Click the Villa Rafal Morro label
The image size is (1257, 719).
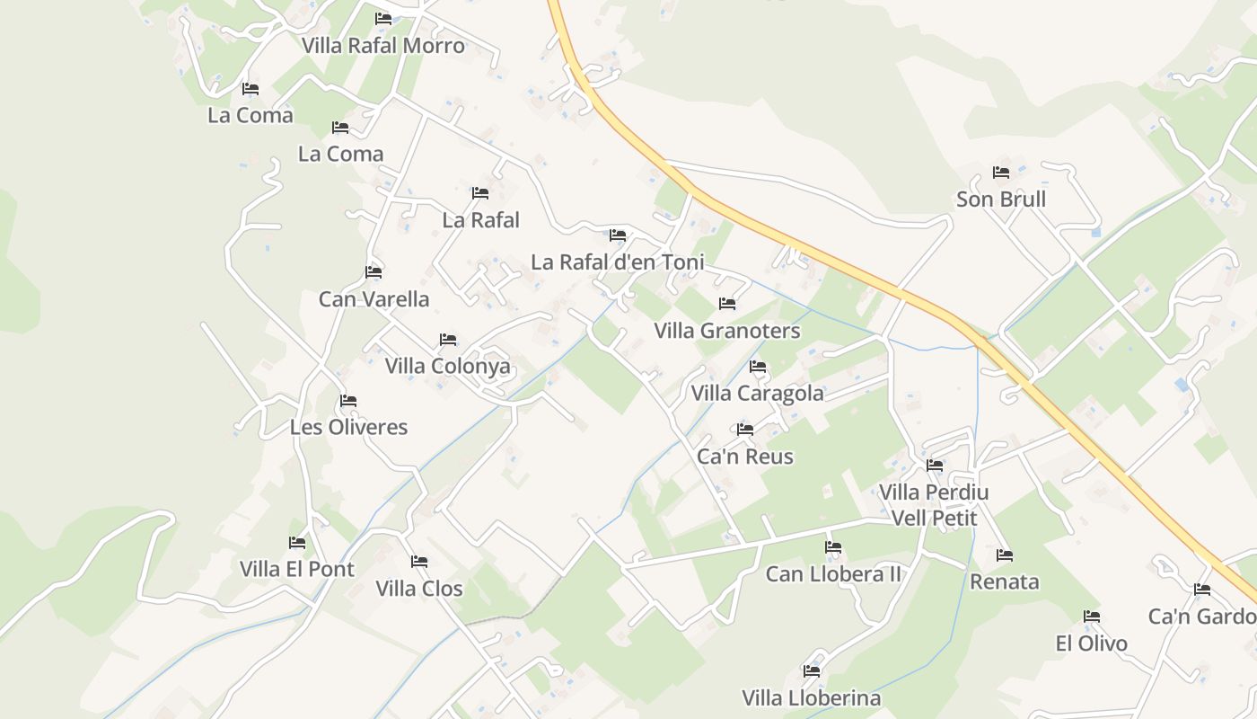(x=383, y=46)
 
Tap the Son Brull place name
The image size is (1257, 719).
(x=1001, y=200)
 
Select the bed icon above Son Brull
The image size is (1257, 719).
(x=1001, y=173)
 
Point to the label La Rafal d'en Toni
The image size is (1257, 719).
(x=618, y=262)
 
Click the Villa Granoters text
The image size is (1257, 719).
(x=727, y=331)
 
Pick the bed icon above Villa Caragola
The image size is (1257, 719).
(x=758, y=367)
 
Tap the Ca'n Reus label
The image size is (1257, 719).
(x=745, y=457)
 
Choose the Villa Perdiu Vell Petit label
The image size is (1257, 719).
(x=934, y=504)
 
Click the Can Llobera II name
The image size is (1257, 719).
(x=833, y=574)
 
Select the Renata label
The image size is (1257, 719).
(x=1005, y=581)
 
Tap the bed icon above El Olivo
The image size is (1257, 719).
(x=1092, y=617)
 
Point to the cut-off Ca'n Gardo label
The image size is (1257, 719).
(x=1202, y=617)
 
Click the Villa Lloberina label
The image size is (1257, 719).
(x=812, y=698)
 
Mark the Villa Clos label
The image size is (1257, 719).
(x=419, y=589)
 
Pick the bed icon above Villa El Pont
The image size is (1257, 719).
(x=297, y=543)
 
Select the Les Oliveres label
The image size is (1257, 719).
(x=348, y=427)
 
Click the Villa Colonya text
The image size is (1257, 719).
(x=447, y=366)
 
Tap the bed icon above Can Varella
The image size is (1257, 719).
(x=374, y=272)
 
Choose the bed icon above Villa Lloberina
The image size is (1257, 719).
(x=812, y=671)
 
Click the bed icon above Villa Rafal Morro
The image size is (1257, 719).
(x=383, y=19)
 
